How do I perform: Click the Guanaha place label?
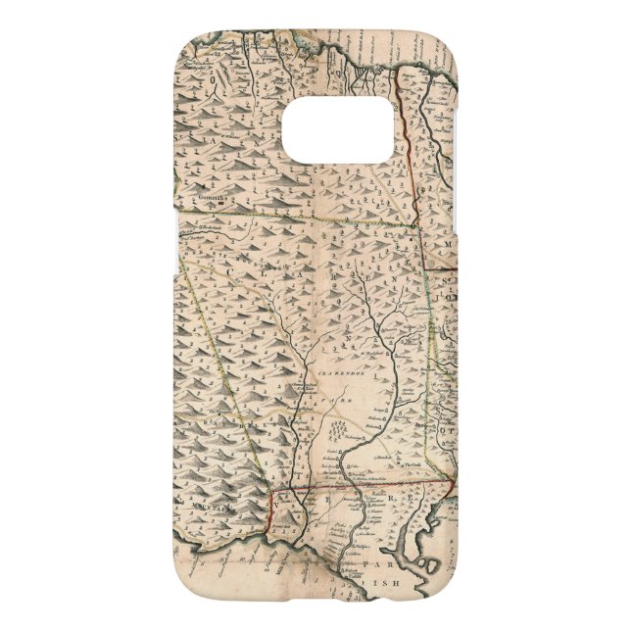(x=208, y=196)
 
